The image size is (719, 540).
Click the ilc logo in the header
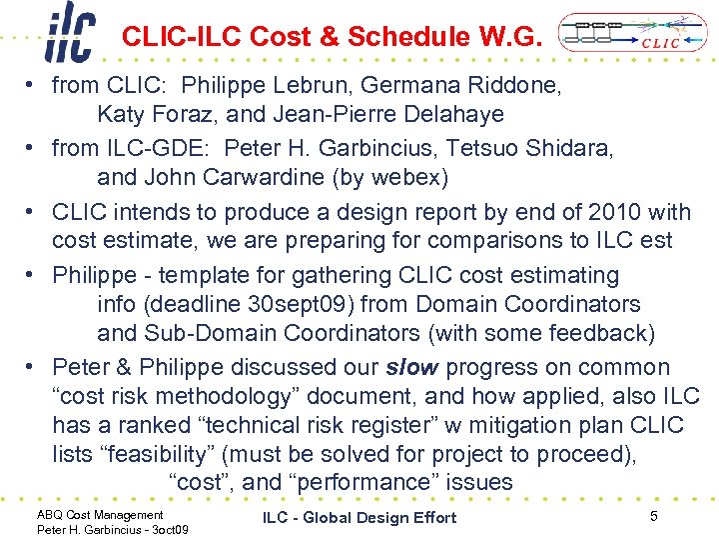tap(69, 33)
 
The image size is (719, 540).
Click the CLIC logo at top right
tap(623, 32)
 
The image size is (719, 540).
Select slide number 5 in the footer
tap(653, 516)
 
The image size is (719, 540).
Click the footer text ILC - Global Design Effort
tap(359, 517)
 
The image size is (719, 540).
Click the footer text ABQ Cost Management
tap(86, 515)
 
